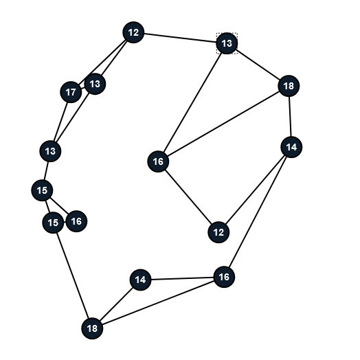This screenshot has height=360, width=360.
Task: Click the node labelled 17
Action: [71, 92]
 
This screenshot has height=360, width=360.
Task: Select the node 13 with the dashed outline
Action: [227, 43]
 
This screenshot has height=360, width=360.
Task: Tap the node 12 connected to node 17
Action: [133, 32]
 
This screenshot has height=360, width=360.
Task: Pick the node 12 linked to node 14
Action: [218, 232]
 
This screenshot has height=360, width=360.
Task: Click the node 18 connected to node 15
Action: [92, 328]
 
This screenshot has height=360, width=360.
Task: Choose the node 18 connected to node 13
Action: [289, 86]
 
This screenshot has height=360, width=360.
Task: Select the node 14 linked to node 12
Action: [291, 147]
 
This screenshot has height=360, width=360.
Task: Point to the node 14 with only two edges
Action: [141, 280]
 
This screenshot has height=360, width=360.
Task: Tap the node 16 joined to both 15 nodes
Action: [76, 221]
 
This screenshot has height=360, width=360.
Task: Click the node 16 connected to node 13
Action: [158, 161]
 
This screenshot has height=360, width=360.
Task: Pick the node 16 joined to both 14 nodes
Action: [224, 277]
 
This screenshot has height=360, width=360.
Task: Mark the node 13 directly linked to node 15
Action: [51, 151]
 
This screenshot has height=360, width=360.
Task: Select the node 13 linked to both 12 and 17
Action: [95, 84]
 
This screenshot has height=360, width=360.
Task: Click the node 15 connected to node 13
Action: [42, 190]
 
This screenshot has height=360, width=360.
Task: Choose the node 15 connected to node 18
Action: [53, 223]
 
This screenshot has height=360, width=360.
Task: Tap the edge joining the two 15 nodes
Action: [48, 206]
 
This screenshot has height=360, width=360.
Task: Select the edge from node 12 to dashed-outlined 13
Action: [180, 38]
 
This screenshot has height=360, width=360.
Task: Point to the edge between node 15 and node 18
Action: [73, 275]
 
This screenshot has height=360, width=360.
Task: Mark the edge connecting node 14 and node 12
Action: [255, 190]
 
